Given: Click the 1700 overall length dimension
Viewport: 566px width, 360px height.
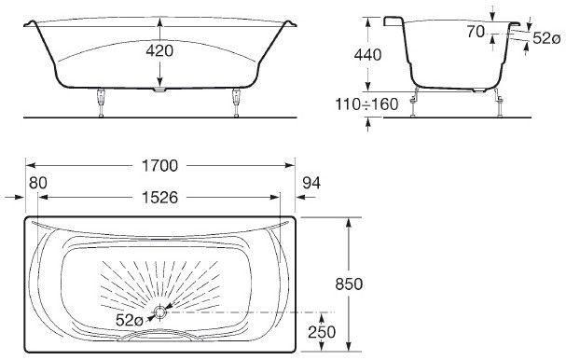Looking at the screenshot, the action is click(159, 166).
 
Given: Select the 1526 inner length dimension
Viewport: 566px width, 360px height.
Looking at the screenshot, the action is click(159, 198).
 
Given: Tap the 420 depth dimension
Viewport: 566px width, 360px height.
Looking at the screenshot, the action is click(159, 51).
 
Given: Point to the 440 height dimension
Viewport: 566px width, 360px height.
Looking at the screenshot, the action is click(367, 55).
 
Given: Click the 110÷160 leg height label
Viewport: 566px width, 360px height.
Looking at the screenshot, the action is click(366, 104).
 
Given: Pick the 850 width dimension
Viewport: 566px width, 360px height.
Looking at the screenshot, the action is click(349, 284).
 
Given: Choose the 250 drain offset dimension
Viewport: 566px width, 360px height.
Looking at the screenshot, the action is click(322, 332).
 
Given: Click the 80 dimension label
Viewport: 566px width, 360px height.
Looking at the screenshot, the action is click(38, 183).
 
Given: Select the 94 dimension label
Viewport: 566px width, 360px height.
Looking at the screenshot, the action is click(311, 183).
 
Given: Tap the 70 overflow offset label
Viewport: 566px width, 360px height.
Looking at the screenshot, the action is click(476, 32).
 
